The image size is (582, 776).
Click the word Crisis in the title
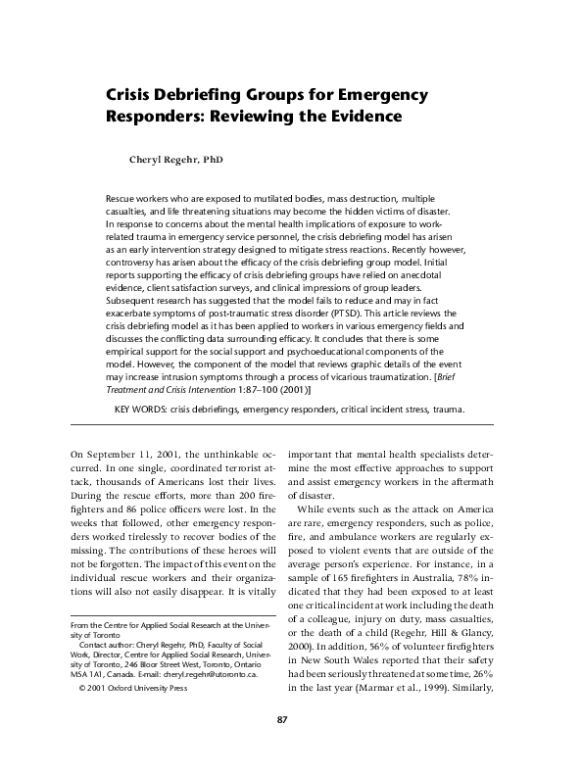[131, 96]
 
